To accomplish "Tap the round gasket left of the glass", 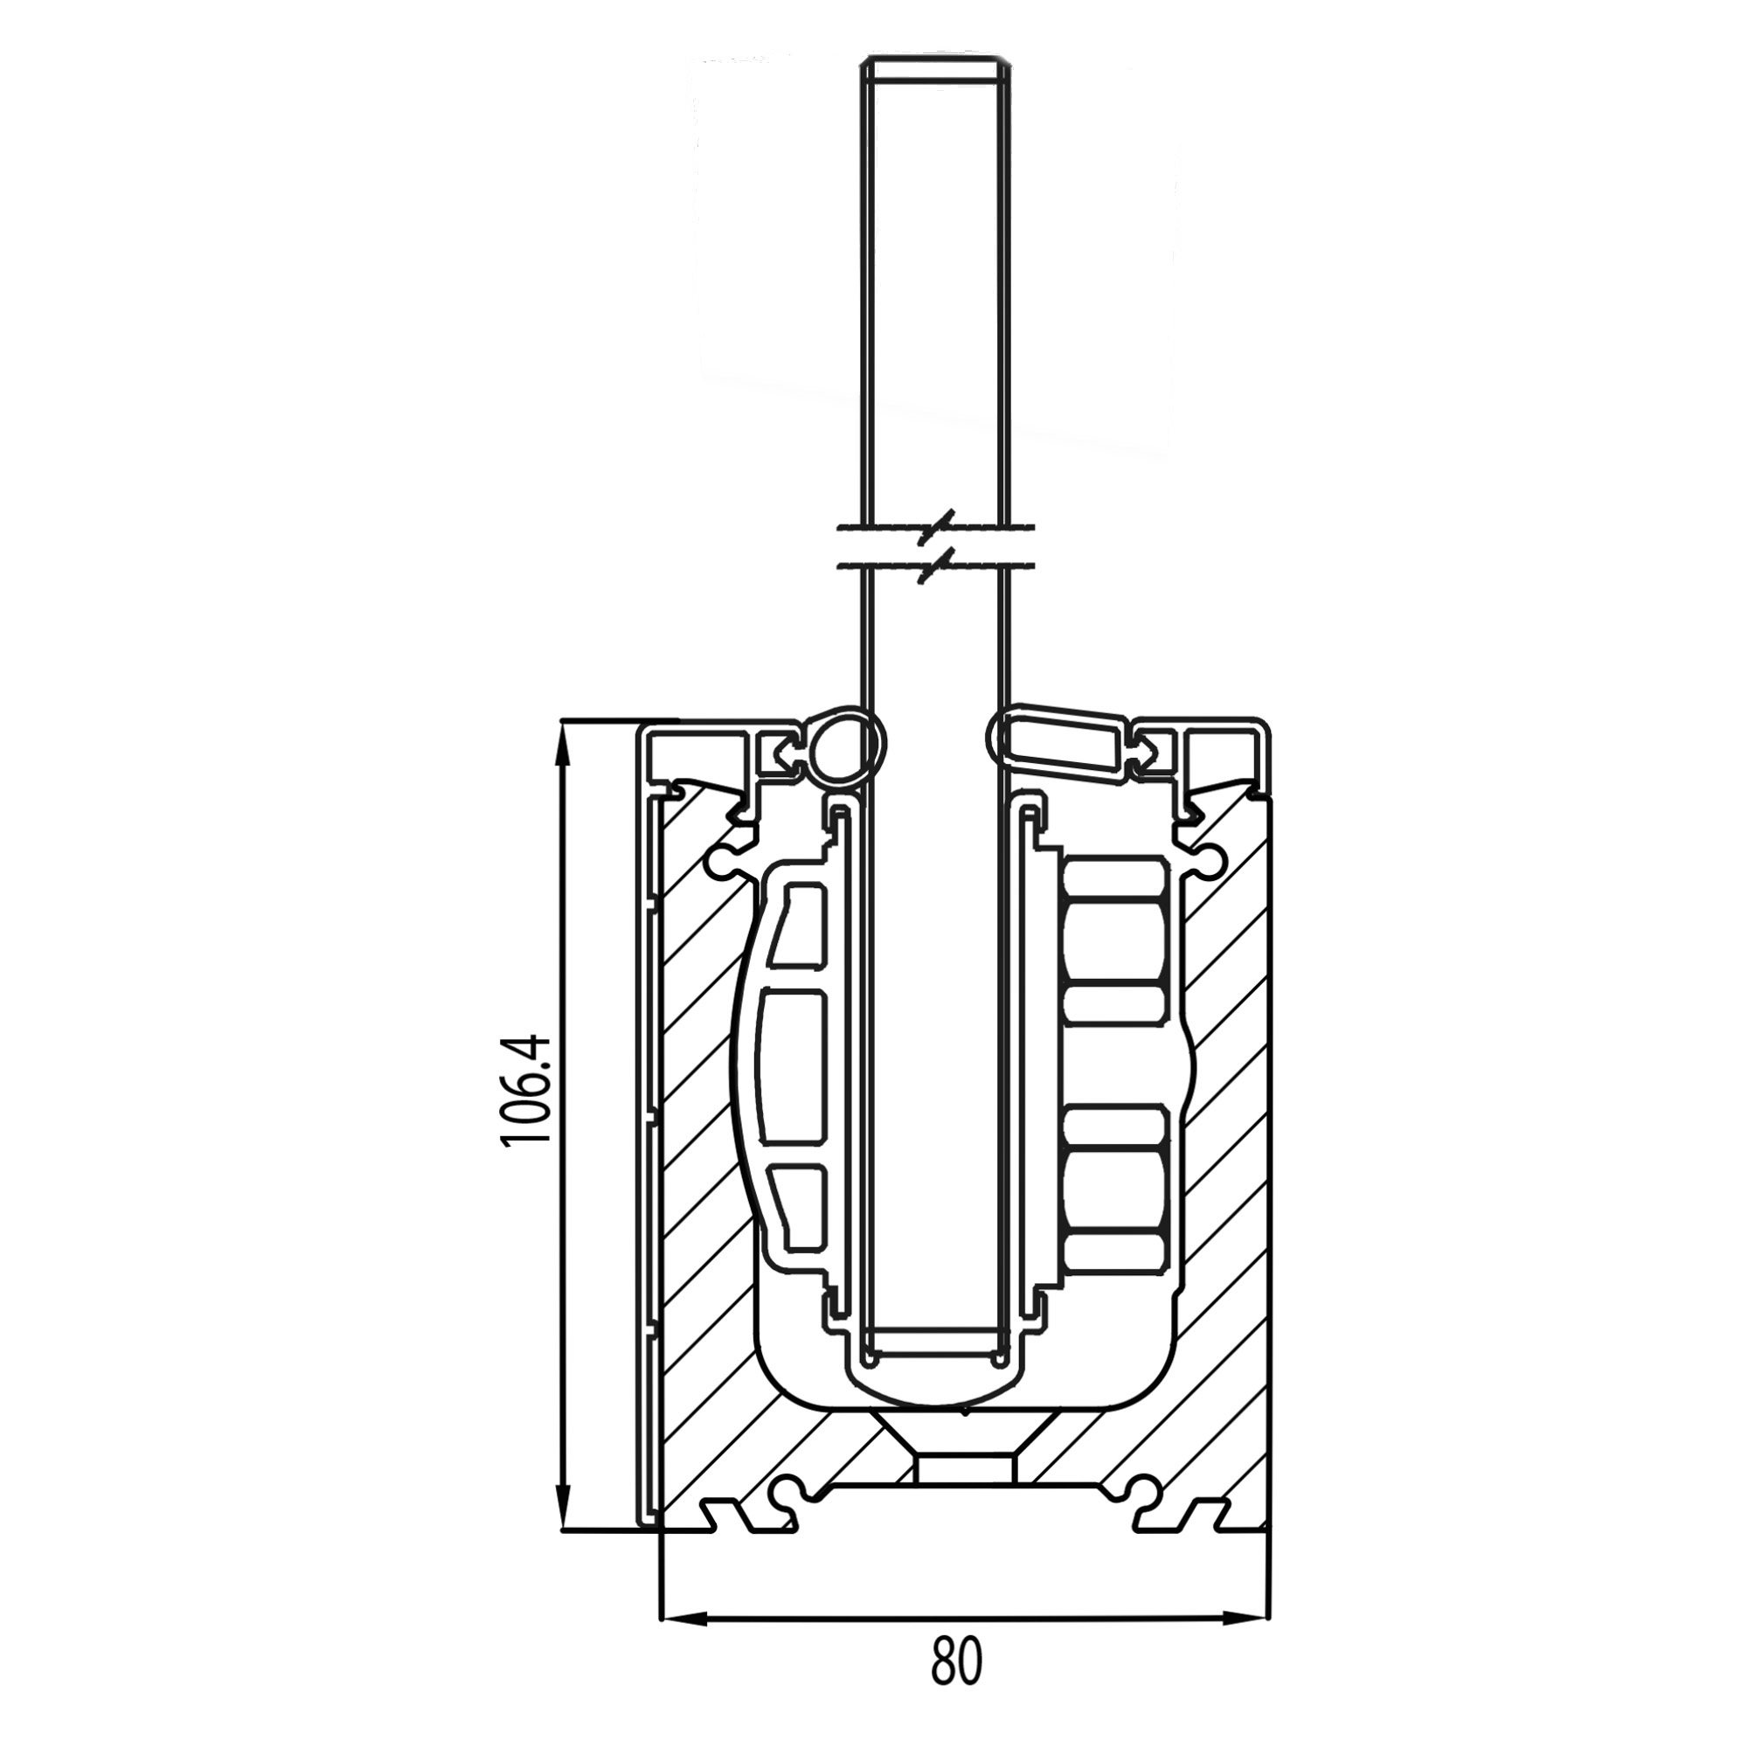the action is [x=846, y=745].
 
